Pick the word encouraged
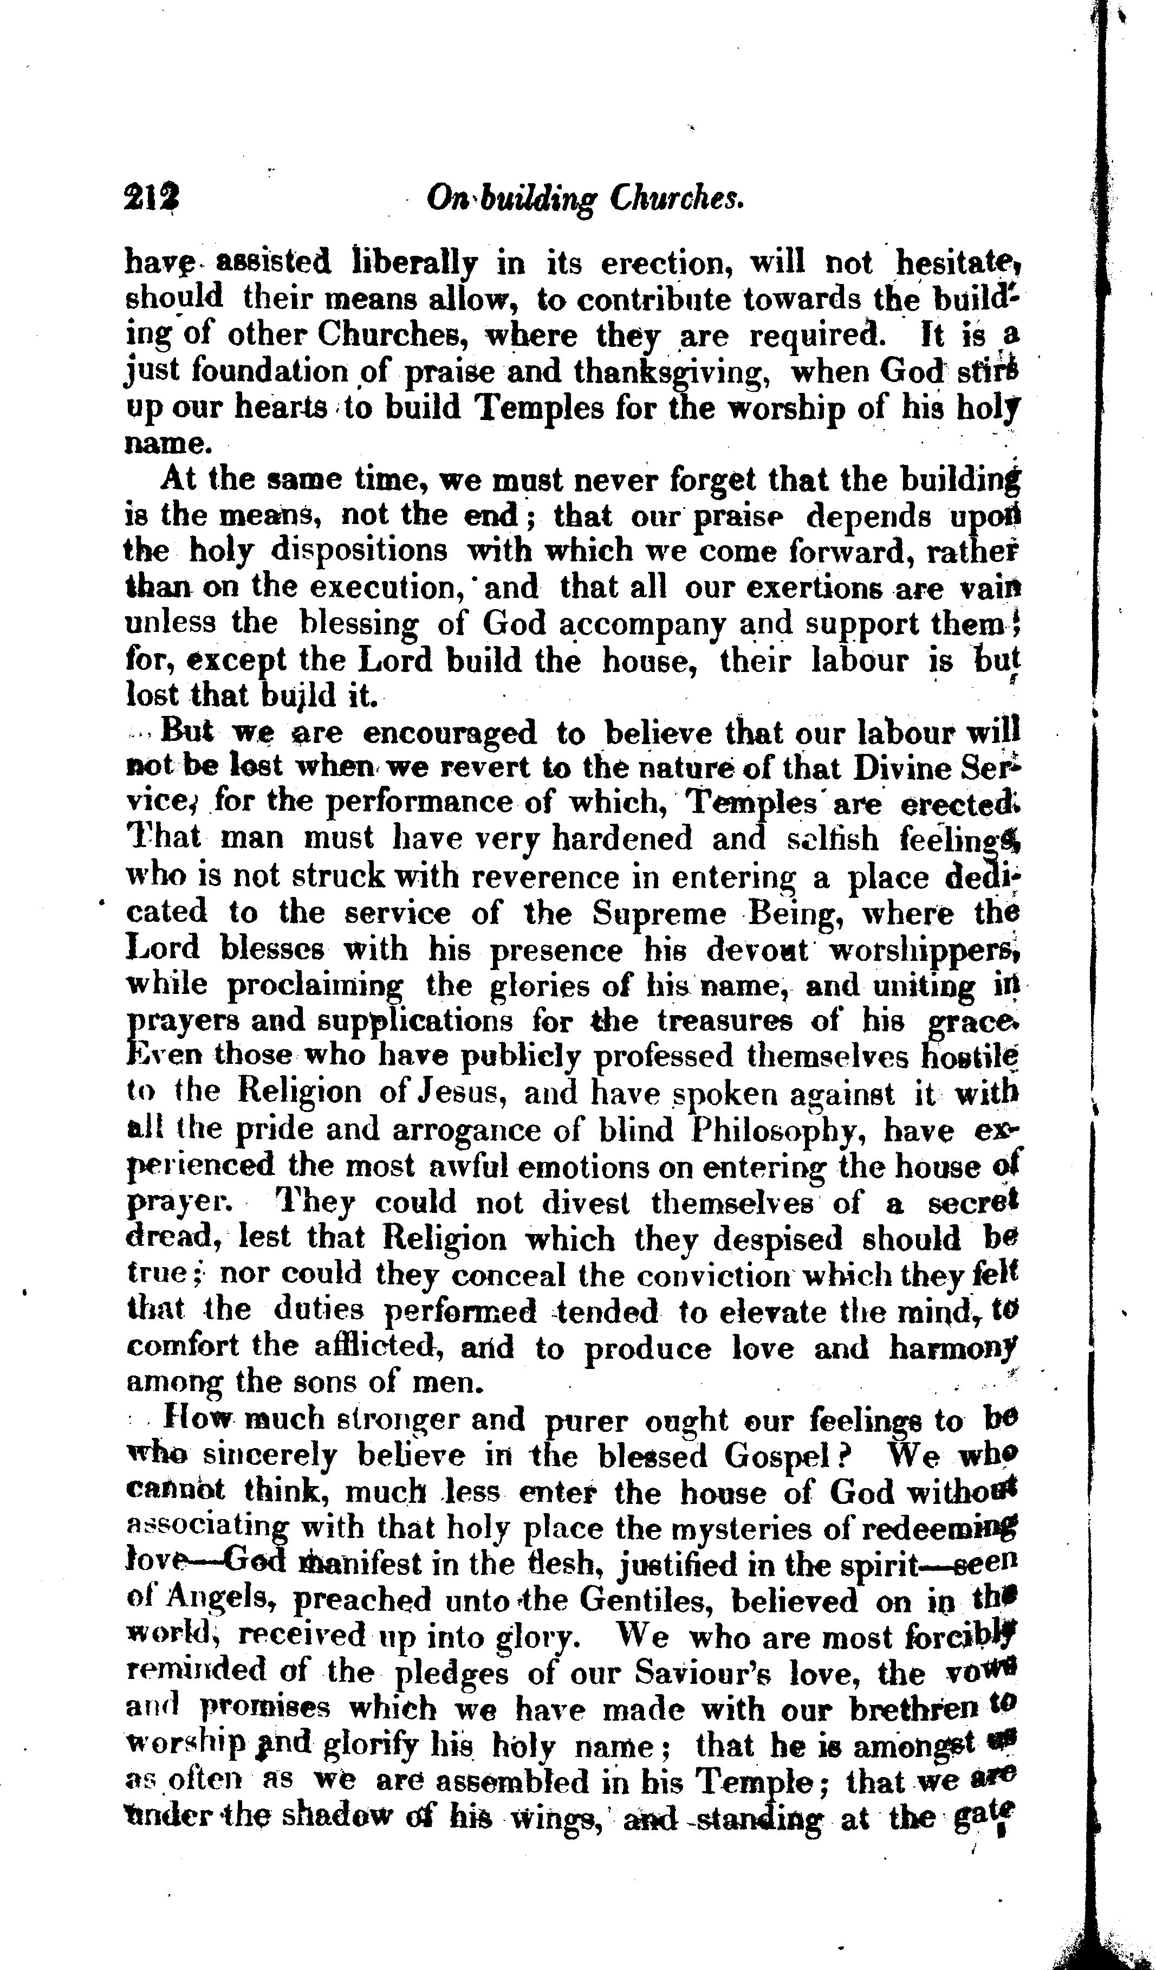(451, 733)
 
